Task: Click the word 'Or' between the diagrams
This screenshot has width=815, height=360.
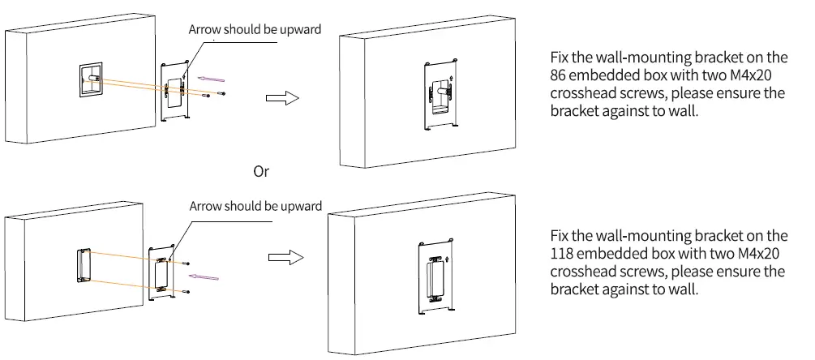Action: [x=261, y=171]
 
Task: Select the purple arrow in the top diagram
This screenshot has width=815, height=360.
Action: [x=211, y=79]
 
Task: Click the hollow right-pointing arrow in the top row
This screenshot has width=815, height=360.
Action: [x=282, y=97]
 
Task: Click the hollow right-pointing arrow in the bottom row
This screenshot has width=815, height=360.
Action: [x=285, y=257]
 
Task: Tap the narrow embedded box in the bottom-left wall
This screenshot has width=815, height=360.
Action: [x=84, y=266]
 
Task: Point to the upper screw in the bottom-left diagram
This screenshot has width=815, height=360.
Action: [x=187, y=264]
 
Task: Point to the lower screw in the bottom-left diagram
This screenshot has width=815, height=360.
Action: [x=187, y=292]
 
